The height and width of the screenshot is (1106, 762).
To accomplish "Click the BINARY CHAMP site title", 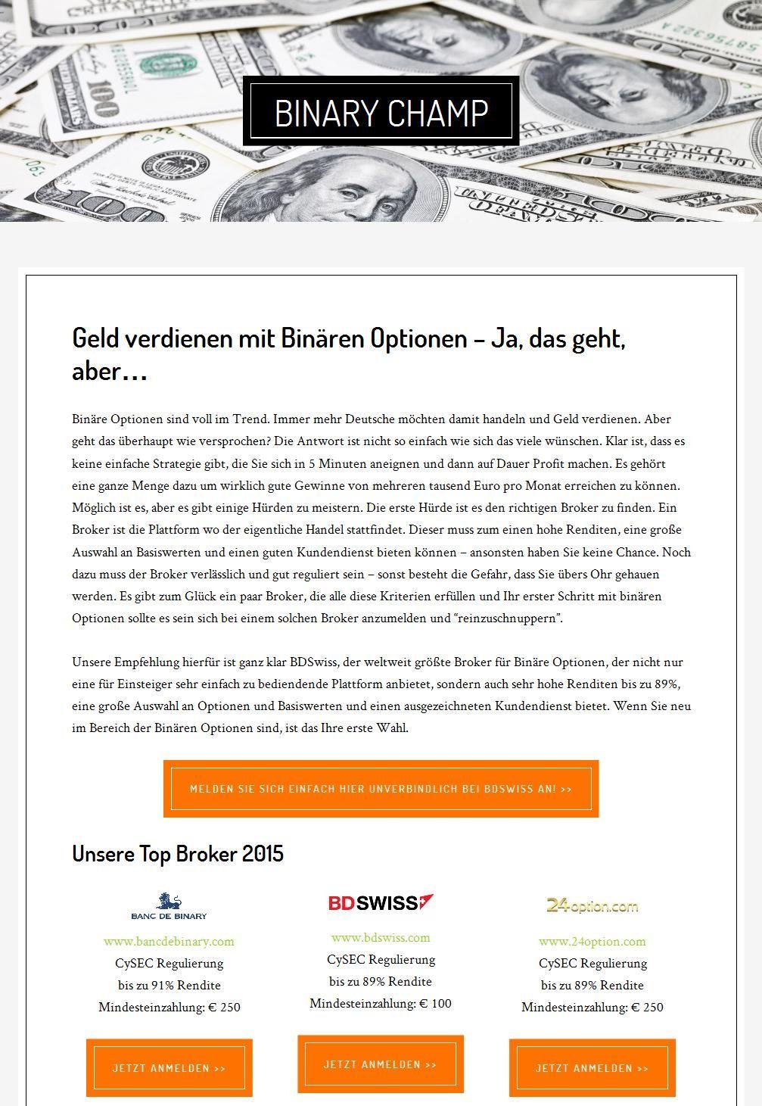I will click(381, 112).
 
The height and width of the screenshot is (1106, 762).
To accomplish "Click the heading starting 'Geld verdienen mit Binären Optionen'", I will click(348, 354).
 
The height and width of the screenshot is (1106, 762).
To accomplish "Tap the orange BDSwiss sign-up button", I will click(381, 789).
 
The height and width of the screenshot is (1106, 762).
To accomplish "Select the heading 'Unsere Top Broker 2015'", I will click(178, 853).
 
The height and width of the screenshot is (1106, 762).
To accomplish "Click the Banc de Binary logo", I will click(169, 906).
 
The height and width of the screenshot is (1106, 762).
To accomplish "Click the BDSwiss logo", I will click(381, 902).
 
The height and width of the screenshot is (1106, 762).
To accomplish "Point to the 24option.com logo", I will click(592, 905).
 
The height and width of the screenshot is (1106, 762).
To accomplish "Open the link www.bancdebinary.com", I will click(169, 942).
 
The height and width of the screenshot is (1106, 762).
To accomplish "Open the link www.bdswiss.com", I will click(381, 938).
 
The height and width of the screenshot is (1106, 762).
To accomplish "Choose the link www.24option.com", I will click(592, 942).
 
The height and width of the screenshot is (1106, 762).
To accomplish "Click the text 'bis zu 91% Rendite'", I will click(169, 985).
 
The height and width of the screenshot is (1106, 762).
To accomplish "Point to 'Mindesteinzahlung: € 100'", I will click(381, 1004).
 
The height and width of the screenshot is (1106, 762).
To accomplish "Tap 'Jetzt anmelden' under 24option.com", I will click(592, 1068).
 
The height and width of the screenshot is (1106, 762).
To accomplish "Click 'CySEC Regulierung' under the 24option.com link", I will click(592, 963).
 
